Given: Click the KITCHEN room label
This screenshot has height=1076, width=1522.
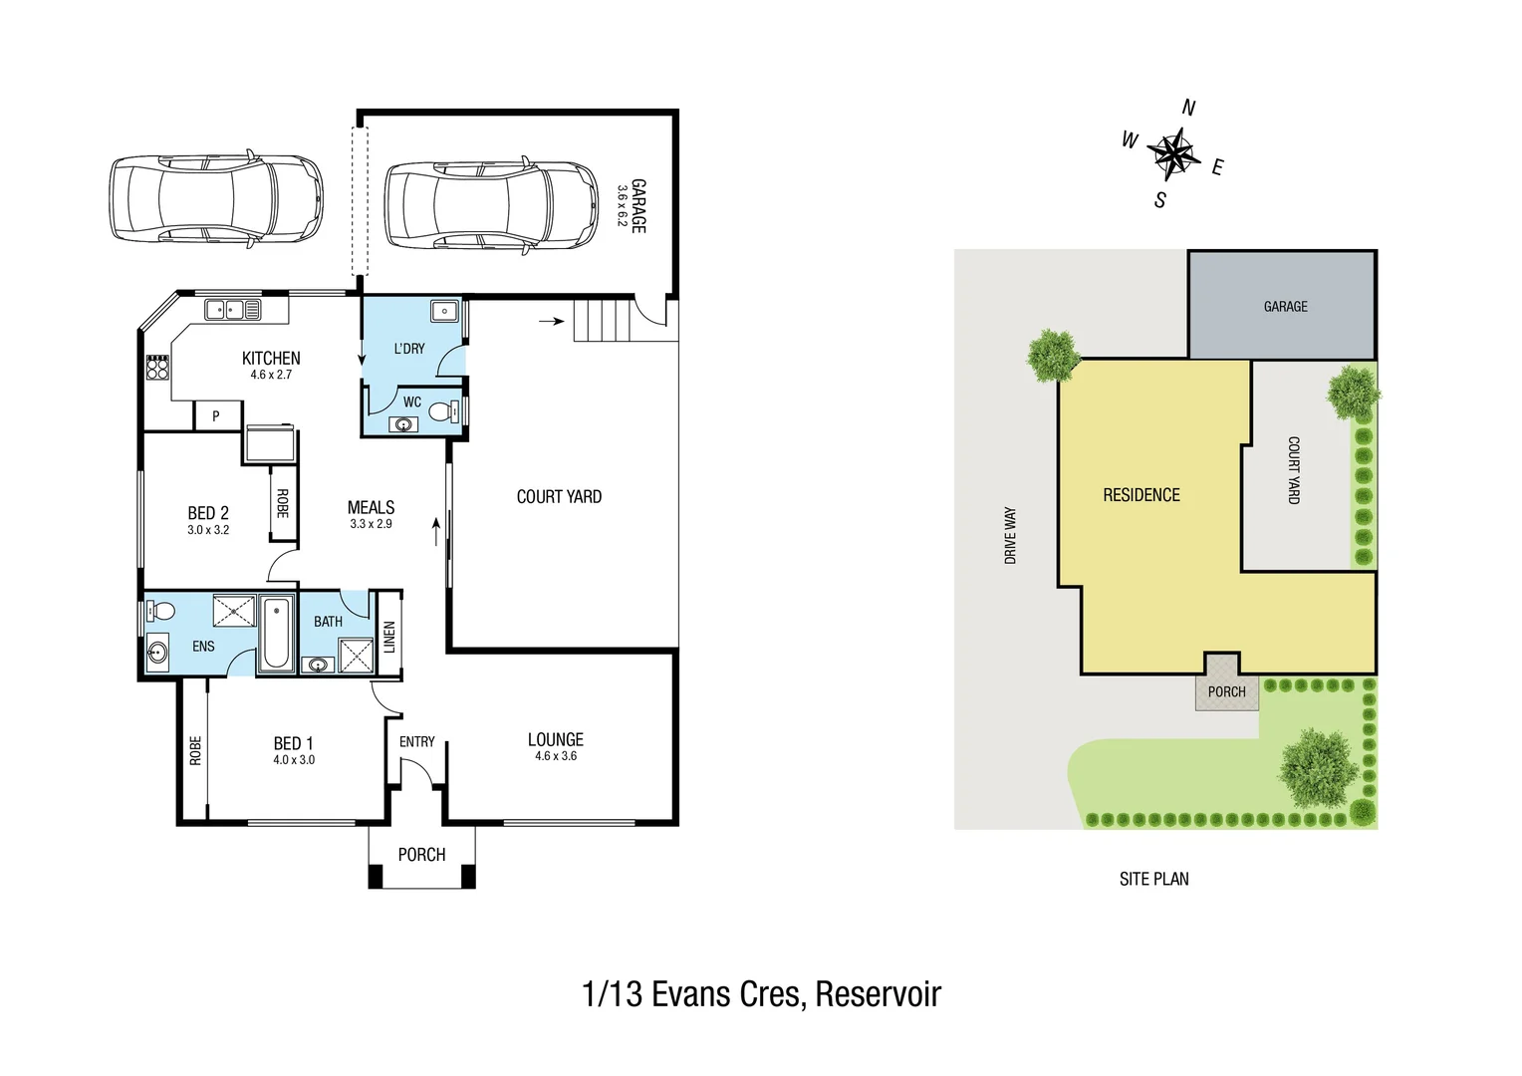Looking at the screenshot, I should click(x=271, y=358).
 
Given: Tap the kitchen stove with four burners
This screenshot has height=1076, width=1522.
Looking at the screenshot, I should click(x=157, y=368).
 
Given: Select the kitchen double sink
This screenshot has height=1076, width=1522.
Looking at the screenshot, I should click(x=232, y=310).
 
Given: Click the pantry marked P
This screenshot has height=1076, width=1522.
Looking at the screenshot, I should click(x=216, y=416).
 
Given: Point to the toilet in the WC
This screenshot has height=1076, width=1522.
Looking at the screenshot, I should click(x=444, y=409).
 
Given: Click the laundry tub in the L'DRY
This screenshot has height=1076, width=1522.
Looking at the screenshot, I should click(x=444, y=311).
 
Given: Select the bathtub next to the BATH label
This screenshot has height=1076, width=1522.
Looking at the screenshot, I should click(x=275, y=634).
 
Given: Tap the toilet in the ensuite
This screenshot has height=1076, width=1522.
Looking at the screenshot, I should click(x=159, y=611).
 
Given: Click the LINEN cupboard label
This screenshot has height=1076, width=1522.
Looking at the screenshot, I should click(x=389, y=637).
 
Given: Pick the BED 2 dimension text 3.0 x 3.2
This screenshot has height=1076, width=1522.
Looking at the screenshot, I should click(x=208, y=530).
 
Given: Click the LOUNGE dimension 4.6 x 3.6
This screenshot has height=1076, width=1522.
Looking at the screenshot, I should click(x=556, y=756).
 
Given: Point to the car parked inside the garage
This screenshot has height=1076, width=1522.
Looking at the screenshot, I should click(x=491, y=204).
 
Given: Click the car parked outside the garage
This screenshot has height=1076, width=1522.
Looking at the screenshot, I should click(x=216, y=198).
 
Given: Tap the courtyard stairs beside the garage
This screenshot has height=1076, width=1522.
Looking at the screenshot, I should click(x=602, y=321).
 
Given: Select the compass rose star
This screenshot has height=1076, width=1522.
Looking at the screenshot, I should click(x=1173, y=153).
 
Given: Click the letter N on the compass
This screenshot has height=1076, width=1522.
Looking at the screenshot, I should click(x=1188, y=108).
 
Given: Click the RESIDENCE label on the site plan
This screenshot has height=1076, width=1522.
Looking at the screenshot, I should click(x=1141, y=495).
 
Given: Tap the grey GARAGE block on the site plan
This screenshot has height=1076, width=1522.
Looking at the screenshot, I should click(x=1283, y=306).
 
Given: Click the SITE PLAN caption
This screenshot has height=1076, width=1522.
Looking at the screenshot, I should click(x=1153, y=879).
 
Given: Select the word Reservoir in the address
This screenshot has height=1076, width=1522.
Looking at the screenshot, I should click(x=878, y=994).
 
